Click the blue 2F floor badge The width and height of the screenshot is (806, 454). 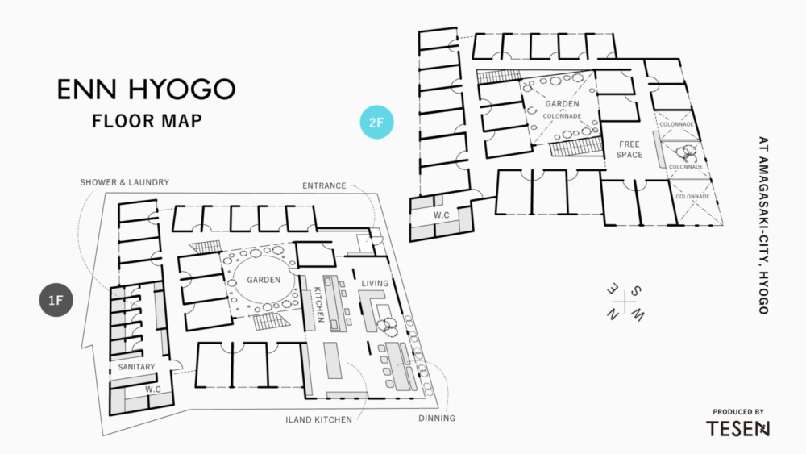pos(376,123)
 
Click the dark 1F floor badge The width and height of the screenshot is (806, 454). pos(56,300)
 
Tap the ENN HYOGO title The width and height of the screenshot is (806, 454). pos(145,90)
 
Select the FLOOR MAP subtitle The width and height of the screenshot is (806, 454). pos(146,122)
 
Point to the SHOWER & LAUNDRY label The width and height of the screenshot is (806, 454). pos(124,183)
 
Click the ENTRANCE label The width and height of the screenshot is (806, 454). pos(324,186)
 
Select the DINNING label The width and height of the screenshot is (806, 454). pos(436,419)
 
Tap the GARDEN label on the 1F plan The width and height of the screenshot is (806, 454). pos(264,281)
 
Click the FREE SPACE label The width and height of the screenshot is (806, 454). pos(629,149)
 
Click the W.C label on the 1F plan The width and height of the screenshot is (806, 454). pos(153,390)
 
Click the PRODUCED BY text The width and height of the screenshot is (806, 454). pos(738,411)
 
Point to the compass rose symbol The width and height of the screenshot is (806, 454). pos(625,301)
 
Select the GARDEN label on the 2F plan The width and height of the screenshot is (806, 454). pos(562,104)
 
